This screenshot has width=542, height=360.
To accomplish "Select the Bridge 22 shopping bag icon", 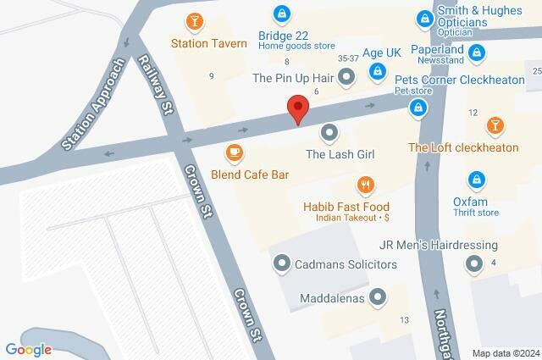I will (x=280, y=14).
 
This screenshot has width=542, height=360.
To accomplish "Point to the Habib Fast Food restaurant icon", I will (x=365, y=185).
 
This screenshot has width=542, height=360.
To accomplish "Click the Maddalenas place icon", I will (x=378, y=297).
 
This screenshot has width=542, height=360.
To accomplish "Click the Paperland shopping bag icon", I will (x=477, y=53).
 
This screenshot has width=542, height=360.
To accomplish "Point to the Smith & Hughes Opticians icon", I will (x=423, y=17).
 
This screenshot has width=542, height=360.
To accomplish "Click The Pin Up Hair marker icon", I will (x=346, y=79).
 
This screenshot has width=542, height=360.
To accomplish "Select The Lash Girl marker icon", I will (x=330, y=133).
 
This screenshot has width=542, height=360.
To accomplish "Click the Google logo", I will (x=28, y=349).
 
